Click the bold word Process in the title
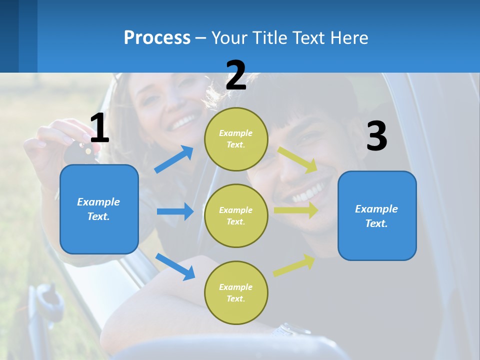pos(157,37)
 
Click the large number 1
pos(99,128)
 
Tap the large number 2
pos(235,75)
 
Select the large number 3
pos(376,137)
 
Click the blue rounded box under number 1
pos(99,209)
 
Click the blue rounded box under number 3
pos(377,216)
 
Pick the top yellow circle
pos(236,139)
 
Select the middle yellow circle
pos(236,215)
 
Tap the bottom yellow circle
pos(236,292)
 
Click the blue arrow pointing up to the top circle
pos(174,159)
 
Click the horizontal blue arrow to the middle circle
pos(174,211)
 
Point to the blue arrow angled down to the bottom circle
pos(175,266)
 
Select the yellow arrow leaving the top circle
pos(297,159)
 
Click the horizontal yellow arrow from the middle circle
pos(295,210)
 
